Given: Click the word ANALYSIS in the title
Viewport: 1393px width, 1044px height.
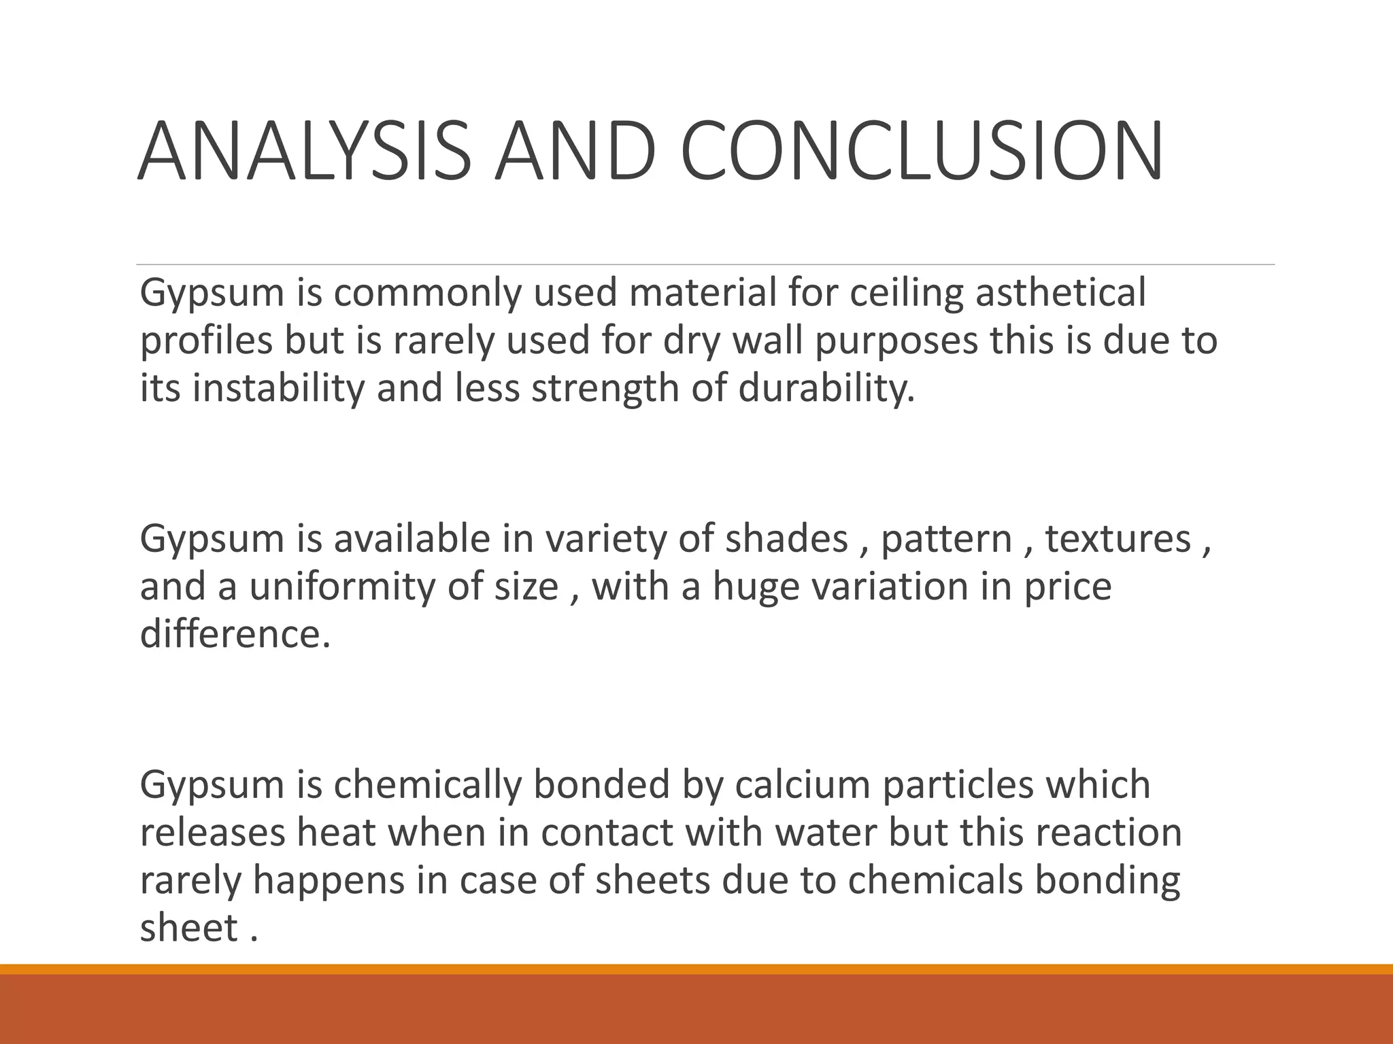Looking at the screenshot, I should [x=304, y=152].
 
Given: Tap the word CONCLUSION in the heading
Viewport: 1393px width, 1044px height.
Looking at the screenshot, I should [x=921, y=152].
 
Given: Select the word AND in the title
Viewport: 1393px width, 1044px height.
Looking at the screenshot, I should [x=575, y=152].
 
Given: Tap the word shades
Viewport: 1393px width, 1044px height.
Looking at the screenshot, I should [x=786, y=538].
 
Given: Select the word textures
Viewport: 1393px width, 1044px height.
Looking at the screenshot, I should [x=1118, y=538].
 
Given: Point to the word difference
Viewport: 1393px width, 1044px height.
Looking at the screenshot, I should [x=235, y=634].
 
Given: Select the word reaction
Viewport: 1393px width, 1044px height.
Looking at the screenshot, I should [x=1109, y=833].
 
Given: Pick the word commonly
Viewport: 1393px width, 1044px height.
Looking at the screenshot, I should [x=426, y=294].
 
